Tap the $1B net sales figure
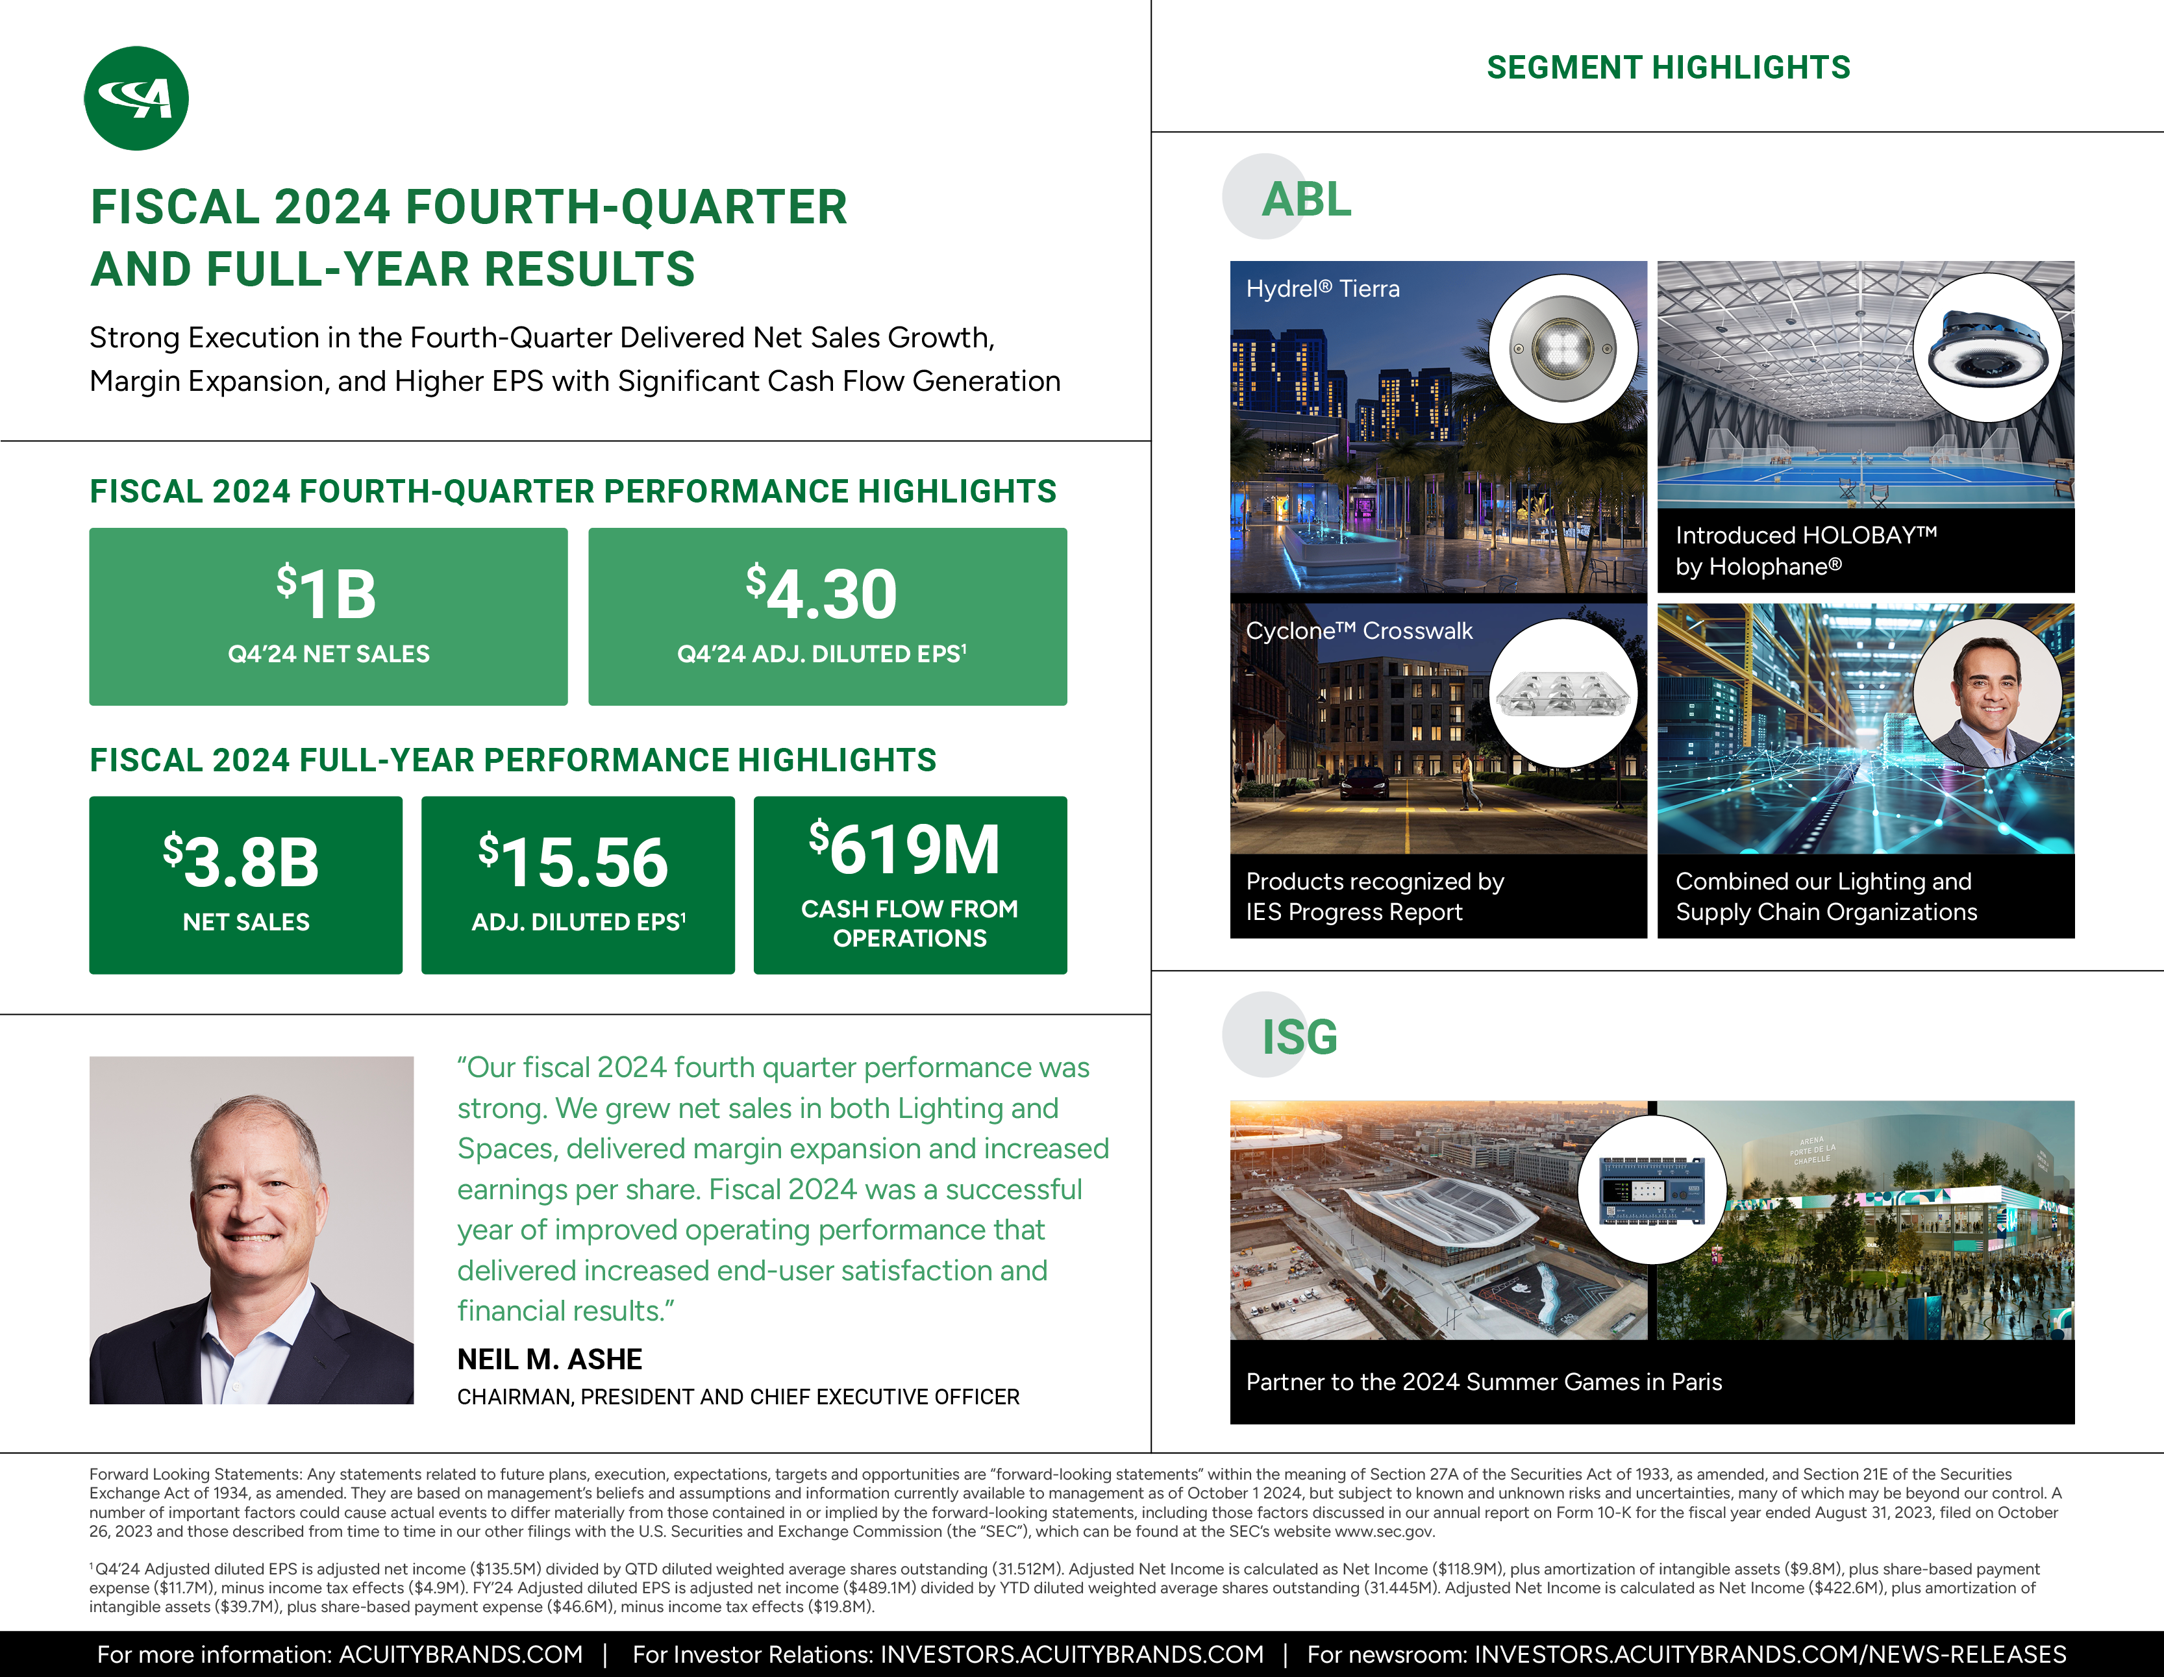(327, 593)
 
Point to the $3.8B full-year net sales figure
(242, 861)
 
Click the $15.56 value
(574, 861)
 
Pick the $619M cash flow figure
(904, 849)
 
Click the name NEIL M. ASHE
(550, 1359)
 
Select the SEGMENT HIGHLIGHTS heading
(1669, 68)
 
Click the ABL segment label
(1306, 199)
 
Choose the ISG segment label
(1300, 1037)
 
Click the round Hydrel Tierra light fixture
(1563, 349)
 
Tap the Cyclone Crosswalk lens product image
(1563, 693)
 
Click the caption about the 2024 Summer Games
(1484, 1382)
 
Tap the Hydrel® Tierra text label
(1323, 290)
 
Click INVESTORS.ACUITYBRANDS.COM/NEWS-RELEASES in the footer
(1770, 1654)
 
